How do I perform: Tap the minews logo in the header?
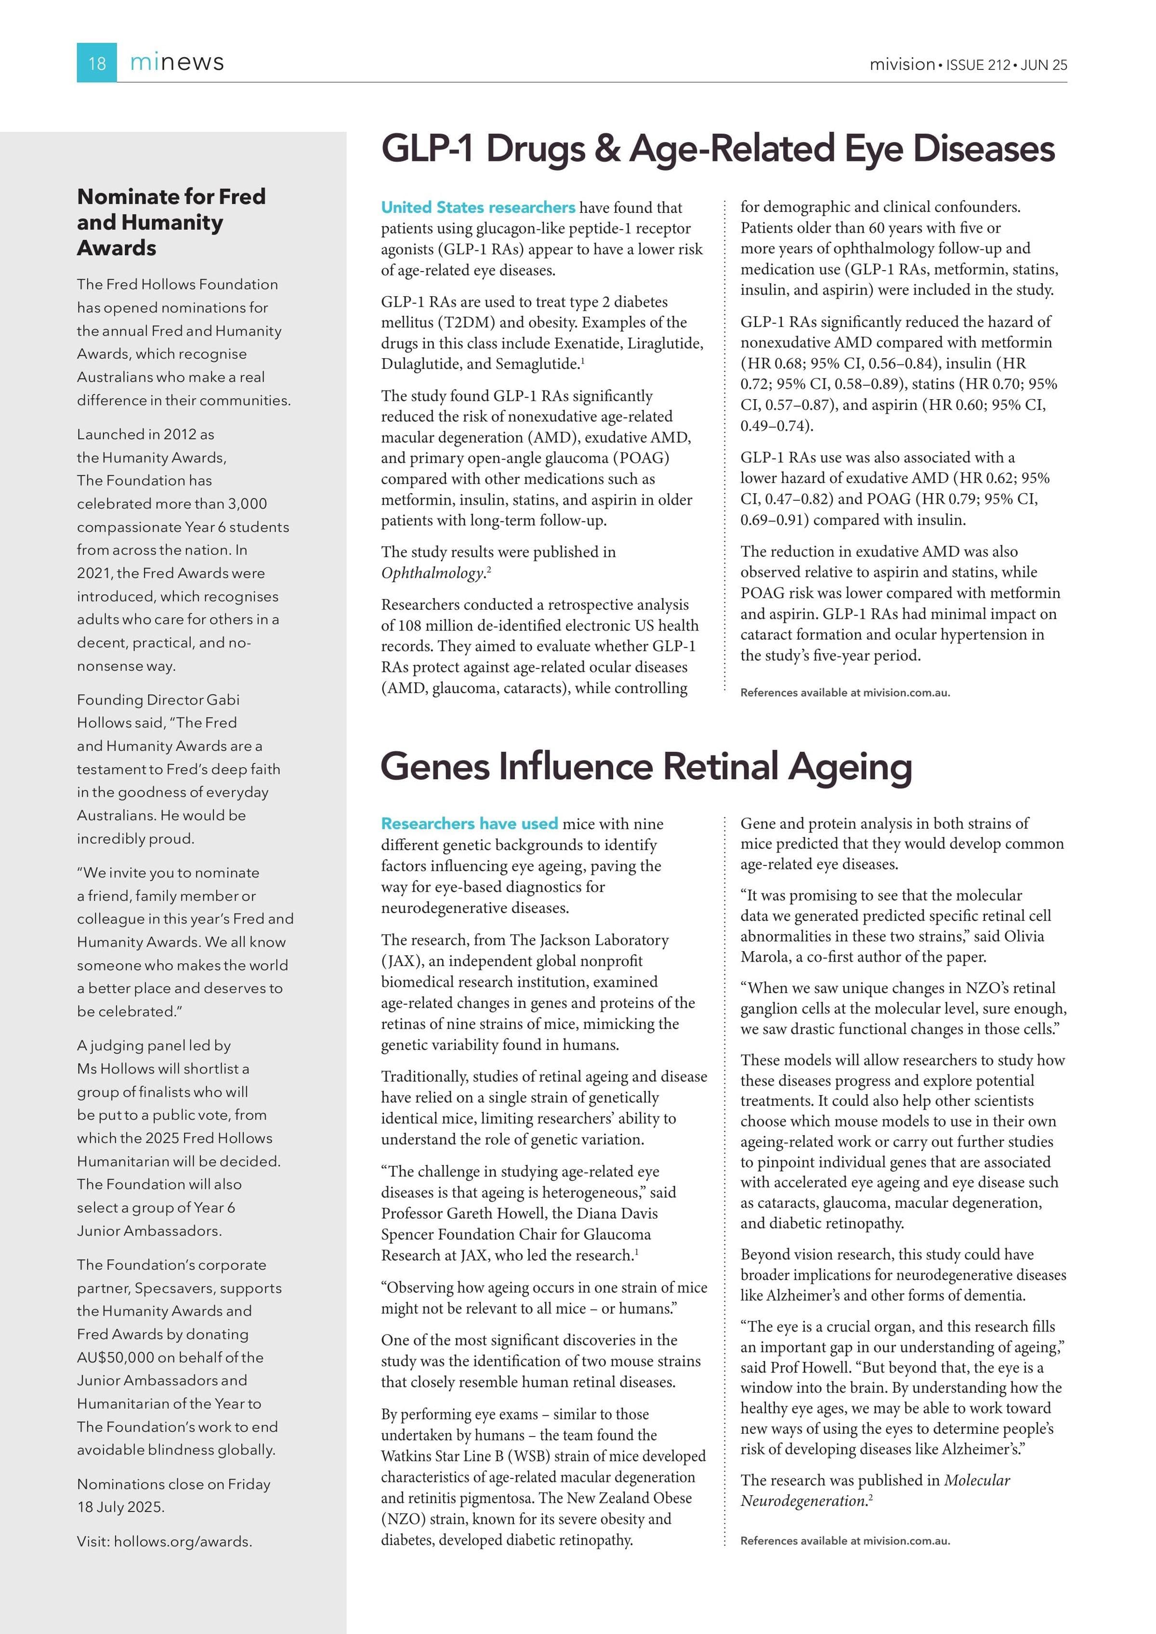tap(177, 63)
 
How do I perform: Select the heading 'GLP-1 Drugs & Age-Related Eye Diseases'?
tap(718, 149)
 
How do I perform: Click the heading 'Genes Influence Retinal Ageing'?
tap(645, 767)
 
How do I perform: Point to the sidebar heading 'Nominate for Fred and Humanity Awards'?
tap(171, 222)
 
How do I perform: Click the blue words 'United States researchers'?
tap(478, 208)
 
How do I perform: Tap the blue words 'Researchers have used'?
tap(469, 824)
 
